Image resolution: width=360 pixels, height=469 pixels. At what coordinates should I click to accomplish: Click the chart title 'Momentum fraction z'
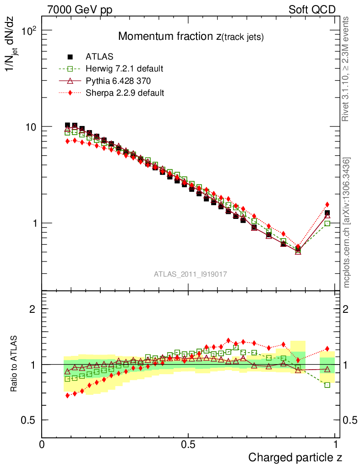191,37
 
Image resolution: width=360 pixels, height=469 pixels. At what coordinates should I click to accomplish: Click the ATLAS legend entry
99,57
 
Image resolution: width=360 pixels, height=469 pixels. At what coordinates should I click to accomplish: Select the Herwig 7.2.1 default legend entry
124,69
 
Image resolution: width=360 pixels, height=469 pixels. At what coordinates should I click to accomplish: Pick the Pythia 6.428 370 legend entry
118,81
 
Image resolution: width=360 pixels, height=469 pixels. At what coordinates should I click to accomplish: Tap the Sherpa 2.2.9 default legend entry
125,93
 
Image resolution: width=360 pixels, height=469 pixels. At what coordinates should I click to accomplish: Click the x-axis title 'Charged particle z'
295,458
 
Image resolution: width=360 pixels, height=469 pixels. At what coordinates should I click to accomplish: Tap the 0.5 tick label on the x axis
188,444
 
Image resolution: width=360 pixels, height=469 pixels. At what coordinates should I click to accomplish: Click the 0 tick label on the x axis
42,444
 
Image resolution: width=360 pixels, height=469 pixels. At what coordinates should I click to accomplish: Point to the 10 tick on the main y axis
30,127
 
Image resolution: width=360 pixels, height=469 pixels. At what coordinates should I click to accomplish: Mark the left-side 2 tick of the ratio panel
33,309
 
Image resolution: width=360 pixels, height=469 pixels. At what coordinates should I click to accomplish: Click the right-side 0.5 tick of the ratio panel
351,420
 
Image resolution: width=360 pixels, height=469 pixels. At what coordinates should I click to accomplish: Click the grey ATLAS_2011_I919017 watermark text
191,274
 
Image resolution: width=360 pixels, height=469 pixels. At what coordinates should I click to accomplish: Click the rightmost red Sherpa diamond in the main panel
327,204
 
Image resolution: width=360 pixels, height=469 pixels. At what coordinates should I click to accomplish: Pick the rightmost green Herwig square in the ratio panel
327,385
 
